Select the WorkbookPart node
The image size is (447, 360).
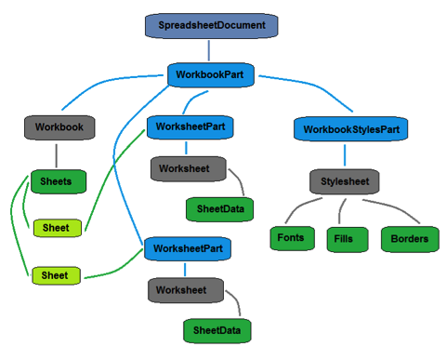click(x=211, y=73)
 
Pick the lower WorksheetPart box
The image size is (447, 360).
click(x=187, y=249)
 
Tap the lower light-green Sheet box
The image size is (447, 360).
click(x=57, y=275)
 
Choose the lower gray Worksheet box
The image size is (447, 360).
click(x=185, y=290)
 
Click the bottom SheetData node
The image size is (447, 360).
click(x=215, y=329)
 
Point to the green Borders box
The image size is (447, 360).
click(x=409, y=239)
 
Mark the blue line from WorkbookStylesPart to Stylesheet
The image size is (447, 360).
click(x=346, y=154)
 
